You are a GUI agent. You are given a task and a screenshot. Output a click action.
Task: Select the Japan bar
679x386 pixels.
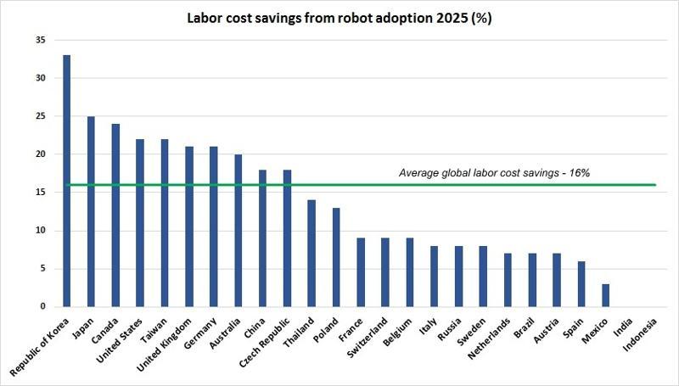[x=92, y=212]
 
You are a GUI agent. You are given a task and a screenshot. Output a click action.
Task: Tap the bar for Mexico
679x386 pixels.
[x=605, y=295]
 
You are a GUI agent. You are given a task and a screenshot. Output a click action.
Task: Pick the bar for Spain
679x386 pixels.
[x=581, y=284]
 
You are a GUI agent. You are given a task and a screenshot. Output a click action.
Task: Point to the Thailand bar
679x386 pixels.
[x=311, y=254]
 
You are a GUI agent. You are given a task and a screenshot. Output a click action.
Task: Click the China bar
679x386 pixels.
[x=262, y=238]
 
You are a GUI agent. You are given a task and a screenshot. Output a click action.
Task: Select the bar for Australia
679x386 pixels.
[x=238, y=231]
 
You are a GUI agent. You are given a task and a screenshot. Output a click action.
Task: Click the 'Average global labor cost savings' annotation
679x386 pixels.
[x=494, y=173]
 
